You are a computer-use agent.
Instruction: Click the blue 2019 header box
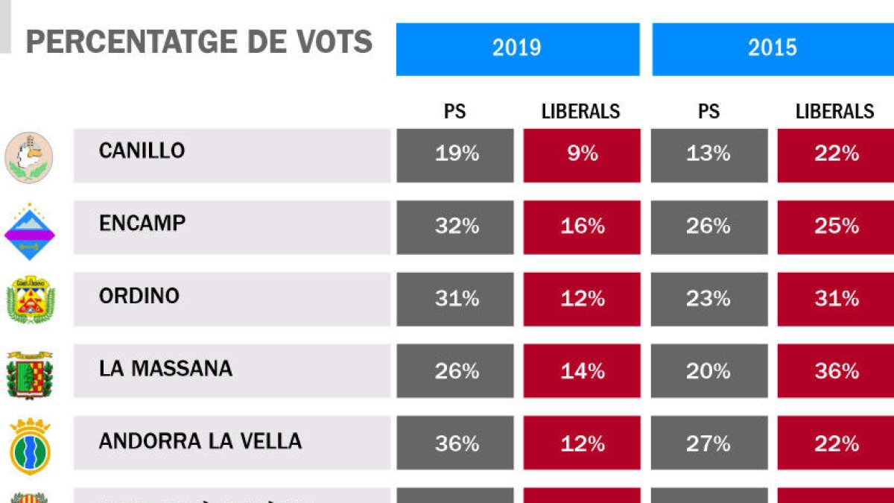click(x=517, y=48)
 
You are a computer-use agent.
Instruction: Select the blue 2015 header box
click(x=773, y=48)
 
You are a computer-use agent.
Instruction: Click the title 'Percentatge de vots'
click(x=199, y=42)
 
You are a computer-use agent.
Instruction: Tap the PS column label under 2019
click(x=454, y=112)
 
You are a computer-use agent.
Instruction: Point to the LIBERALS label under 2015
click(x=835, y=112)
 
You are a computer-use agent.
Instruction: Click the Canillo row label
click(x=142, y=151)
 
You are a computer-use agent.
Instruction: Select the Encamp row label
click(x=142, y=223)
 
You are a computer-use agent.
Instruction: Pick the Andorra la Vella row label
click(x=200, y=441)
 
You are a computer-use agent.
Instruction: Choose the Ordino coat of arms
click(x=30, y=300)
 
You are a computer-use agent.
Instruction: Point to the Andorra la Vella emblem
click(x=30, y=446)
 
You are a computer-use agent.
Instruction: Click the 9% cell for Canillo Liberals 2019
click(x=583, y=154)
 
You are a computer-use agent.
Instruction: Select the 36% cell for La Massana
click(x=836, y=371)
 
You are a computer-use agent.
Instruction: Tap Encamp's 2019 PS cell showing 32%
click(x=455, y=227)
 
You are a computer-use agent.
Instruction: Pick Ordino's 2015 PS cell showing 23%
click(x=708, y=299)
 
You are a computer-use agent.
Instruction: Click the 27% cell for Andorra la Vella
click(x=708, y=443)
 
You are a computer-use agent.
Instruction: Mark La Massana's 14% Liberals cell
click(x=583, y=371)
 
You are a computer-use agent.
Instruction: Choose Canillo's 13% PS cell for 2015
click(x=708, y=154)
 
